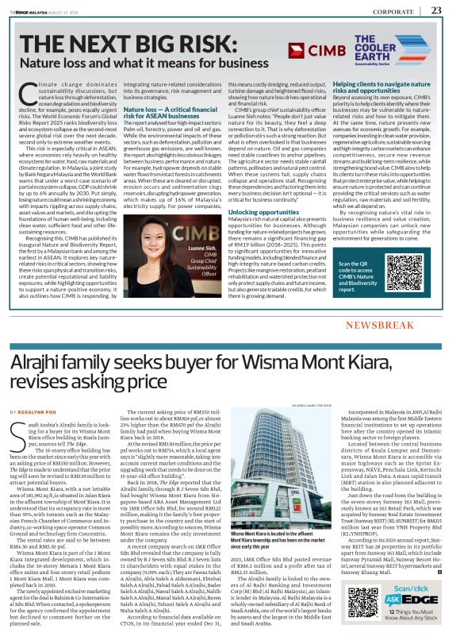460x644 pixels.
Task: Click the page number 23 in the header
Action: pos(437,10)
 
